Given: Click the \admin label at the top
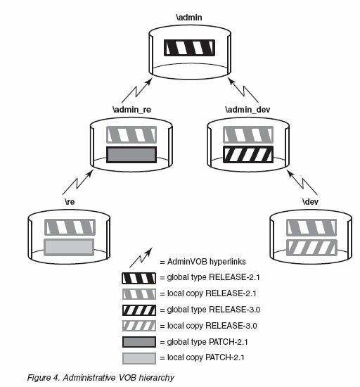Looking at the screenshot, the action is (189, 18).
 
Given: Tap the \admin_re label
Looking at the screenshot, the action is (132, 110).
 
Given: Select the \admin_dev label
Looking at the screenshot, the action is (247, 110).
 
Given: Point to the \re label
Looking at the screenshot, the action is (70, 202).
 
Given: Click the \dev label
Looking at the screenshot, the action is (310, 202).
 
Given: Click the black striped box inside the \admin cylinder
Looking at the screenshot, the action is (189, 48).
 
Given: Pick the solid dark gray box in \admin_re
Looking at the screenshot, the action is (131, 155).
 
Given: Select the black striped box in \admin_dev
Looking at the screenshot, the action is (248, 155).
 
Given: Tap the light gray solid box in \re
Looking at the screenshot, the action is (69, 247).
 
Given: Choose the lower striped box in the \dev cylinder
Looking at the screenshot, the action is (311, 247).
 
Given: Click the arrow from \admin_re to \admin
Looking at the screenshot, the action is (137, 91).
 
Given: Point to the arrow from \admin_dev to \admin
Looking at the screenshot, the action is (243, 90).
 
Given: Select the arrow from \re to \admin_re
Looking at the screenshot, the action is (77, 182).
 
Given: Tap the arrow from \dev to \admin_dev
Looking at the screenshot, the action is (303, 183).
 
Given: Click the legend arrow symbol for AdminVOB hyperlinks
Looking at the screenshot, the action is (141, 258).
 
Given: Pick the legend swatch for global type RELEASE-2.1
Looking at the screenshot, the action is (139, 278).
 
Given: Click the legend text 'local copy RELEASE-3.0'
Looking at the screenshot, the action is (212, 326).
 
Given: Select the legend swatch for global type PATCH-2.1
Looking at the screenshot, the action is (139, 342).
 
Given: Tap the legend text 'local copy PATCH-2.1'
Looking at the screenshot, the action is (205, 357).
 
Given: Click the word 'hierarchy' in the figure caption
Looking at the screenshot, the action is (156, 378).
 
